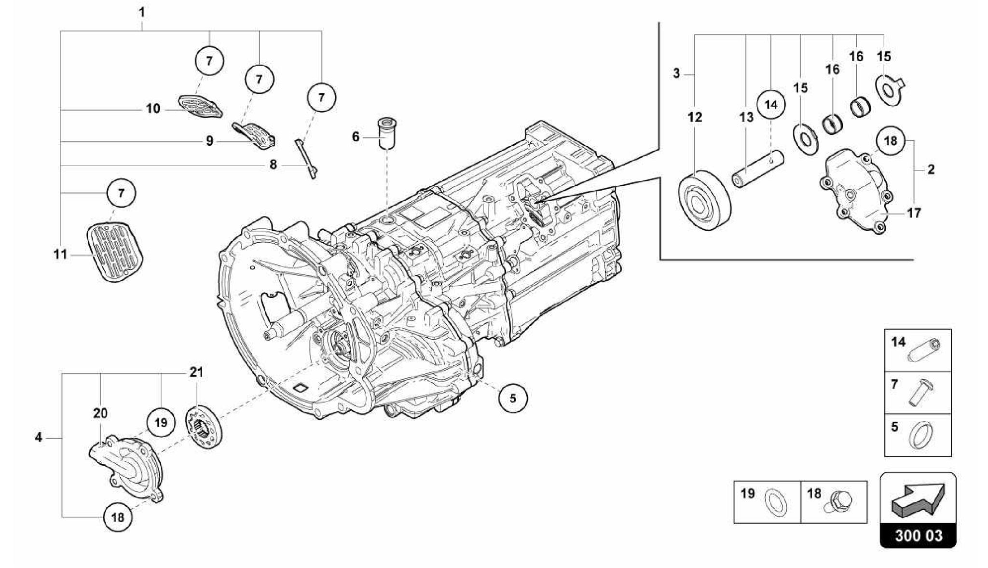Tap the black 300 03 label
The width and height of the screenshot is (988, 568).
[918, 536]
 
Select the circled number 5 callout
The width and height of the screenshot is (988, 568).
[513, 398]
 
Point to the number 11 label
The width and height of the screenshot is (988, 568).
[60, 254]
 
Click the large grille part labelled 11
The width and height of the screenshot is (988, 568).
[114, 250]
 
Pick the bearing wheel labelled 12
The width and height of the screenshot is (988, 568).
[704, 200]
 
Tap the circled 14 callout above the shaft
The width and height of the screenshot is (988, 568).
[771, 104]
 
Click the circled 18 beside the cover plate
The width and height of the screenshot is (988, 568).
[890, 140]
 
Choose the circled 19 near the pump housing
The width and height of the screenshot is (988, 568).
[161, 423]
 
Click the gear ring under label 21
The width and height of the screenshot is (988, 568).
[204, 426]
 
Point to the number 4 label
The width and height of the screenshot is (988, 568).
[39, 437]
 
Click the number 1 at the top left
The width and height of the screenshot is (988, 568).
[142, 12]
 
